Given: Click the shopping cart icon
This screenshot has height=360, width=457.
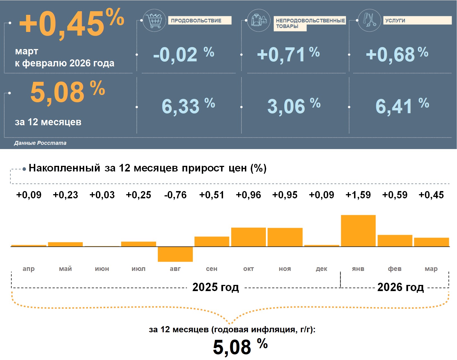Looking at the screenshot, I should (154, 20).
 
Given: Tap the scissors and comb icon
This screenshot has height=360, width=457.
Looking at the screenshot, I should (369, 20).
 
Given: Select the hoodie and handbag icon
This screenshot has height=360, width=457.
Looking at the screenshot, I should (259, 20).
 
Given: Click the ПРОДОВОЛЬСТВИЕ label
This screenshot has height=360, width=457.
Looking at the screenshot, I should (196, 20).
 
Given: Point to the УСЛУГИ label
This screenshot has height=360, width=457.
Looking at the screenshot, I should (395, 20).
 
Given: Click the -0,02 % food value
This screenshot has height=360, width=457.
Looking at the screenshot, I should (184, 54).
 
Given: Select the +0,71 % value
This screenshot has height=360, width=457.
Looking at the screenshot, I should (288, 54).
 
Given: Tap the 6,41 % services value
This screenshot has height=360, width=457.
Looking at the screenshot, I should (402, 106).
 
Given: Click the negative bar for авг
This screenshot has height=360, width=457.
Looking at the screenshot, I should (175, 254).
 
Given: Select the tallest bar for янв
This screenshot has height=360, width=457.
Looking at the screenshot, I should (358, 231).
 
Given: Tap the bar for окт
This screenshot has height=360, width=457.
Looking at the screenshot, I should (249, 237).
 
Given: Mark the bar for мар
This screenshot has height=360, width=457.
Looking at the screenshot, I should (431, 242).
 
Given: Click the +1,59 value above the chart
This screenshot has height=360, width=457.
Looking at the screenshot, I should (358, 195).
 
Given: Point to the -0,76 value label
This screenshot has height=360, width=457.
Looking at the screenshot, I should (175, 195).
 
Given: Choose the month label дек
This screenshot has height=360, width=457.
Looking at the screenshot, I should (322, 269).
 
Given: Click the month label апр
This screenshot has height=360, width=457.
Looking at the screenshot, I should (29, 269).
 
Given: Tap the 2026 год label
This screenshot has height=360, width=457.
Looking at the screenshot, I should (400, 287).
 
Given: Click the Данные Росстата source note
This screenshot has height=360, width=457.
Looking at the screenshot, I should (40, 143).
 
